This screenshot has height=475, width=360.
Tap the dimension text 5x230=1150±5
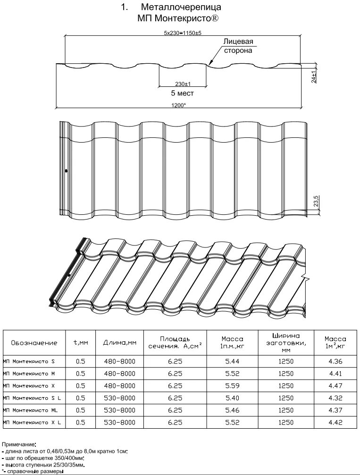183,33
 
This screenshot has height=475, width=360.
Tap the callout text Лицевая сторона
238,46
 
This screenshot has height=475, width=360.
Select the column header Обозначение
34,343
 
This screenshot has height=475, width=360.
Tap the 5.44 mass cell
232,362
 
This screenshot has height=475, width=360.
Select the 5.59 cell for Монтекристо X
232,386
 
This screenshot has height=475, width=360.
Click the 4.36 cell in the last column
335,362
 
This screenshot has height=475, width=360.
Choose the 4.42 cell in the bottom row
335,423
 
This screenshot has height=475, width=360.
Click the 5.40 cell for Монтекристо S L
232,398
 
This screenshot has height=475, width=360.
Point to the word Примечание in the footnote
18,445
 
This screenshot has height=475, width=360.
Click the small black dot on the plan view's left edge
66,170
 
